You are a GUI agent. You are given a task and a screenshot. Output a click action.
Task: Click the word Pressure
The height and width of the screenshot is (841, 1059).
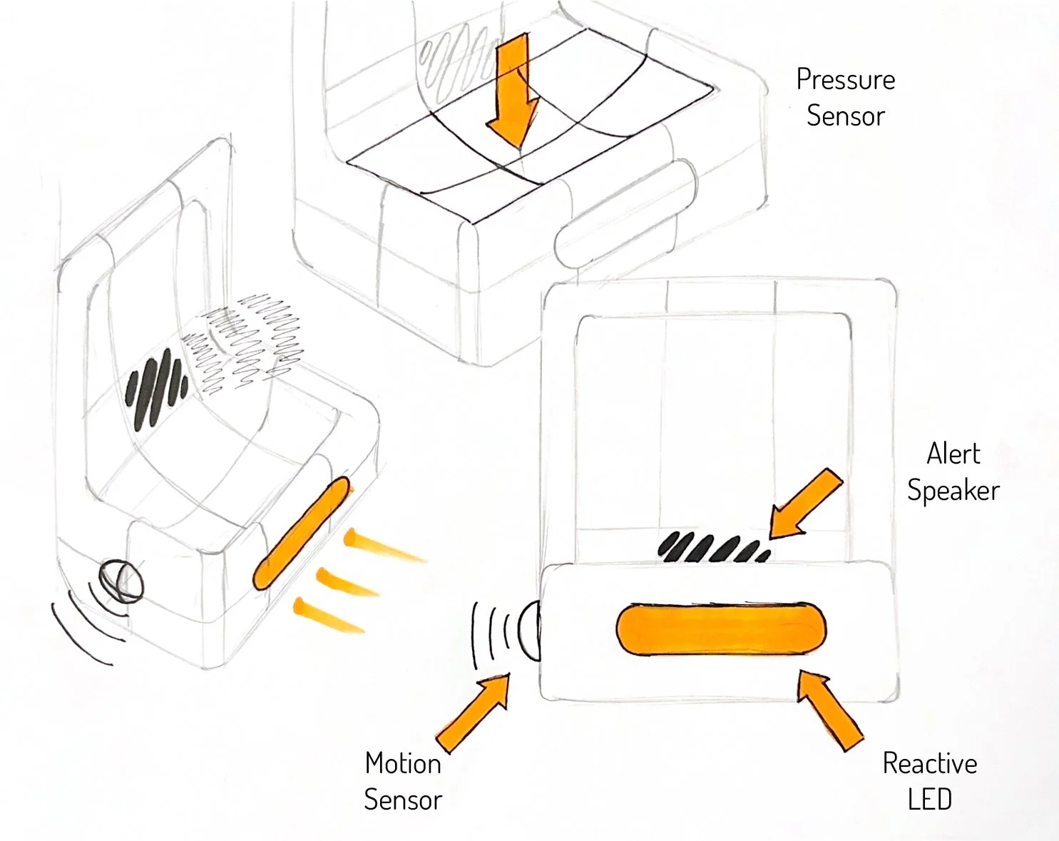click(x=845, y=80)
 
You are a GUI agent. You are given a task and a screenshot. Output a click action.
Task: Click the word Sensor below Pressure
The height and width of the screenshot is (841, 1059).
click(x=846, y=116)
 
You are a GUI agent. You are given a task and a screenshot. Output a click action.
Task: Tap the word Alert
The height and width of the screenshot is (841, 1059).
click(x=953, y=454)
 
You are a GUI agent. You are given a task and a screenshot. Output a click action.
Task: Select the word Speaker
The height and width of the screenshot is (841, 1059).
click(x=953, y=491)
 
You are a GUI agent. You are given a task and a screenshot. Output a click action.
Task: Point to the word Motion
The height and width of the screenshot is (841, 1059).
click(x=403, y=764)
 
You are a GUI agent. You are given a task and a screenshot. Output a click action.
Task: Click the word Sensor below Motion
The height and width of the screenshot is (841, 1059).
click(x=403, y=800)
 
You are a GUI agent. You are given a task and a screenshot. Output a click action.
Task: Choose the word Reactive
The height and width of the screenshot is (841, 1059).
click(x=930, y=764)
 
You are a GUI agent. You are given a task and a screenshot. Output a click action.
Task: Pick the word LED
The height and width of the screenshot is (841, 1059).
click(x=930, y=800)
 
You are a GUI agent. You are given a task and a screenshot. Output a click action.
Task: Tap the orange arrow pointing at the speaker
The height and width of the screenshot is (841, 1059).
click(x=806, y=505)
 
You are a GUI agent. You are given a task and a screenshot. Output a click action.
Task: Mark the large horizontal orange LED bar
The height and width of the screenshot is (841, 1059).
click(x=721, y=630)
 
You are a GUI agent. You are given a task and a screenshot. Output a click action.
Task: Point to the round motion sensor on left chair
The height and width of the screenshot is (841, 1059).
click(x=121, y=581)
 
